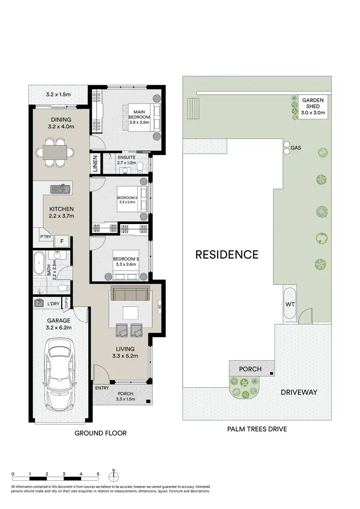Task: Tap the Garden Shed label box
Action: coord(313,107)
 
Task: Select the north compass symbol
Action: coord(113,476)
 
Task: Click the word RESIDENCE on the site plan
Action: coord(227,254)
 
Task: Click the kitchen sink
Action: coord(61,189)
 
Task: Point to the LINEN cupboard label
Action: coord(96,164)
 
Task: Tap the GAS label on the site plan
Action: coord(296,148)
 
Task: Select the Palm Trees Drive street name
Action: coord(257,429)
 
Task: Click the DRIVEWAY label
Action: coord(299,392)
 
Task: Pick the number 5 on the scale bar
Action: coord(98,473)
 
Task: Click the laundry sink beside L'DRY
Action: coord(39,303)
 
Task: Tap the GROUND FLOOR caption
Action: coord(100,433)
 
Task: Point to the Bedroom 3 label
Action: coord(126,262)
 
